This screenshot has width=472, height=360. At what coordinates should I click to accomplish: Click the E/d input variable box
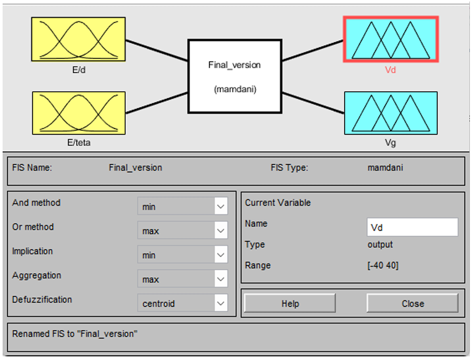click(x=78, y=40)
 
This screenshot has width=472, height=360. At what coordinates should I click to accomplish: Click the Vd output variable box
click(x=391, y=40)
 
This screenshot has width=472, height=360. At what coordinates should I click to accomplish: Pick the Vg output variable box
click(x=391, y=113)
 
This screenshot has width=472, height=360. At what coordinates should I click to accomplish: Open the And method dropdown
click(x=183, y=207)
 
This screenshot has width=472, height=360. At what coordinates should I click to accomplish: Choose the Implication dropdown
click(x=183, y=255)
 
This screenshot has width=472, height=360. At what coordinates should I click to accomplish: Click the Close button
click(x=413, y=304)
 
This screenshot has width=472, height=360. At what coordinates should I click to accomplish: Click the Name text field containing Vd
click(x=412, y=227)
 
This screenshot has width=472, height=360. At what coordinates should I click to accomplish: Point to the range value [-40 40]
click(x=383, y=266)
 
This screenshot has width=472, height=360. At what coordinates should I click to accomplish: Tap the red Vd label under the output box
click(x=390, y=69)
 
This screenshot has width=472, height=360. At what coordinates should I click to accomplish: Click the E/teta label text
click(x=79, y=142)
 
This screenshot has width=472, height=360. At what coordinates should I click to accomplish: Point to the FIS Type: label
click(x=289, y=168)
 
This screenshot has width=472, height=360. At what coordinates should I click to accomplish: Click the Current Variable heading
click(x=277, y=203)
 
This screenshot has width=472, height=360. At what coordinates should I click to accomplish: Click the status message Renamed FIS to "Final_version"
click(x=75, y=334)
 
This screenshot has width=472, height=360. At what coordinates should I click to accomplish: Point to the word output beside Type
click(x=380, y=245)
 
